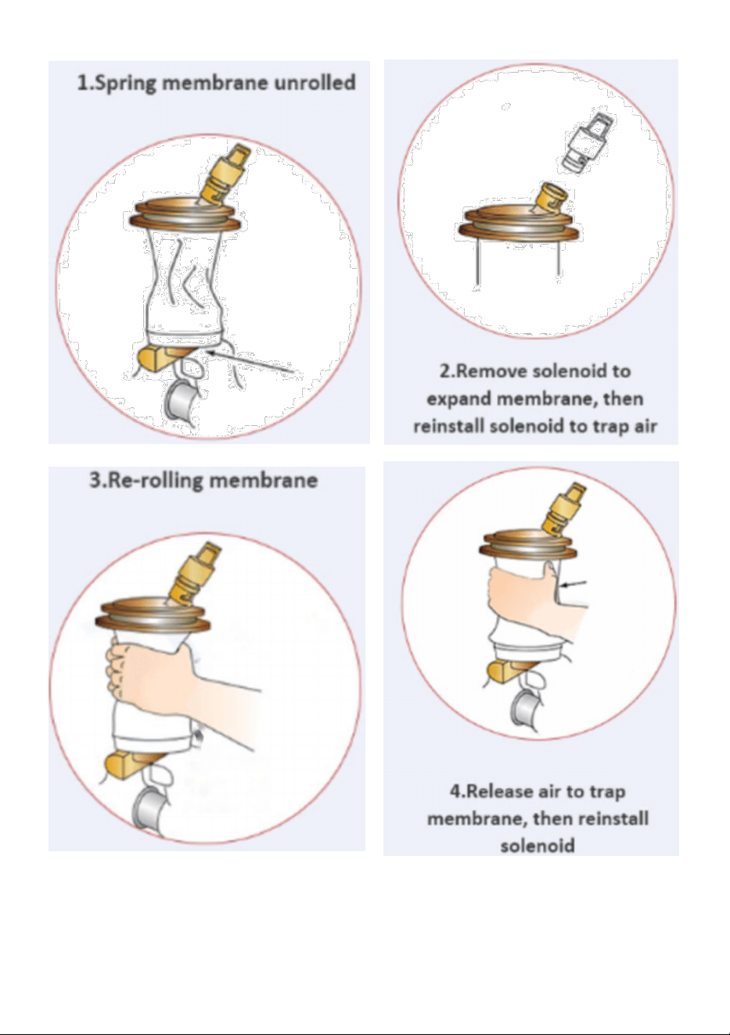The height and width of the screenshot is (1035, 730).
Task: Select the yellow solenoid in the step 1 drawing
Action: [225, 173]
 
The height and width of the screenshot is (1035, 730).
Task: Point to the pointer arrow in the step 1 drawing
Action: [252, 362]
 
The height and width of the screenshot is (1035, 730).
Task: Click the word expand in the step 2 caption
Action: [458, 399]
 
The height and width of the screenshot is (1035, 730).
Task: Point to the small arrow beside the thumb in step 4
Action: [573, 584]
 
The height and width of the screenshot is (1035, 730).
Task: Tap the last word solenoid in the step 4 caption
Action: [538, 846]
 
